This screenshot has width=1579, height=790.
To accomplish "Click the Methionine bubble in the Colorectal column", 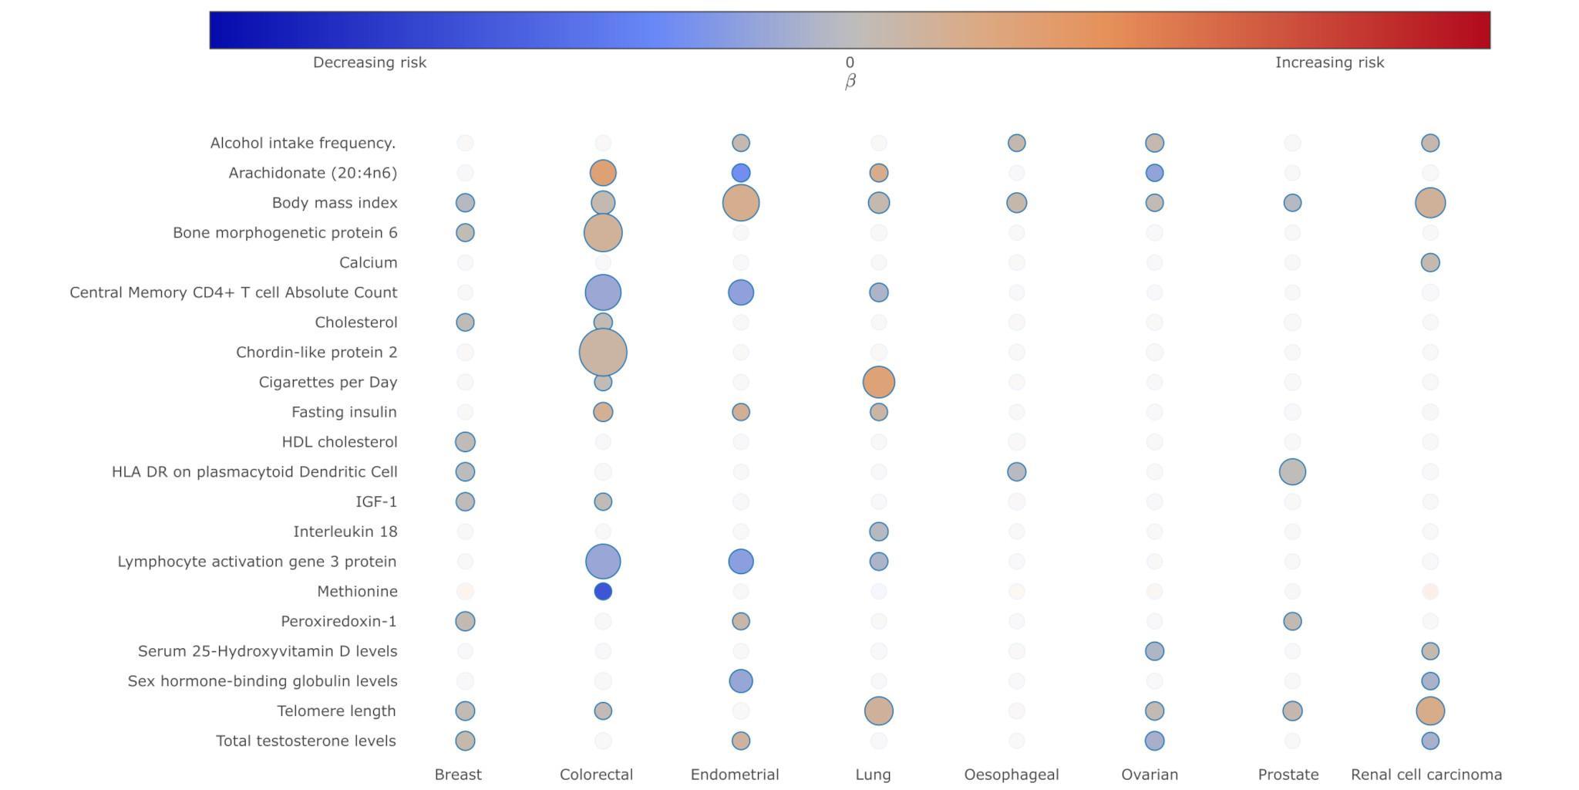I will [x=603, y=591].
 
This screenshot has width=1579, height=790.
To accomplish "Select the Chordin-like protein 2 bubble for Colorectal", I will [x=603, y=352].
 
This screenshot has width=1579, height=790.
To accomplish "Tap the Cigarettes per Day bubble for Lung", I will [x=878, y=382].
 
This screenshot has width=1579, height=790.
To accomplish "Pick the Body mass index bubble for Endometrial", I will [x=740, y=203].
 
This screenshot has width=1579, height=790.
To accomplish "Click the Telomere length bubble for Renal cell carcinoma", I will [x=1429, y=711].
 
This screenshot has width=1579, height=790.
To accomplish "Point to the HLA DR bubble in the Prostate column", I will [x=1292, y=471].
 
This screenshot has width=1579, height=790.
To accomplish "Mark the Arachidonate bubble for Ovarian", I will [x=1154, y=173].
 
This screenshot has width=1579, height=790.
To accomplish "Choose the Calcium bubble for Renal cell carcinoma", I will [x=1429, y=262].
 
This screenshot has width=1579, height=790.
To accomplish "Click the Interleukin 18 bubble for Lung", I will [x=878, y=532].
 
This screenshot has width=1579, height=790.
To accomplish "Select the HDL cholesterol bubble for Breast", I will [x=465, y=442].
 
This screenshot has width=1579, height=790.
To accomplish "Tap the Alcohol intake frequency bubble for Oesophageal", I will [x=1016, y=143].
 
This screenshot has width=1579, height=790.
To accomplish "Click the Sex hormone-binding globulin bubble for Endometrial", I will [x=740, y=680].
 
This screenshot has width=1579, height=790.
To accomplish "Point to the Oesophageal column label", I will [x=1011, y=775].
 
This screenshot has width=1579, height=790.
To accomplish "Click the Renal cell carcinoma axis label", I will [x=1426, y=775].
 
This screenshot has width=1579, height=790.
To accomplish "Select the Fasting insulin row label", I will [x=344, y=412].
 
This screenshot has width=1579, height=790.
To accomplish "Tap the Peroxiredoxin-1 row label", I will [x=338, y=621].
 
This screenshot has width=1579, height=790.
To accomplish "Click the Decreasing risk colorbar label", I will [x=369, y=62].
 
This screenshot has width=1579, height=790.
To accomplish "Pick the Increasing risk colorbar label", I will [x=1329, y=62].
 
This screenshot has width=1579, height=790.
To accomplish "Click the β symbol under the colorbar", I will [x=850, y=81].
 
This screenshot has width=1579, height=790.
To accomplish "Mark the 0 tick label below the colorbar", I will [x=850, y=62].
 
